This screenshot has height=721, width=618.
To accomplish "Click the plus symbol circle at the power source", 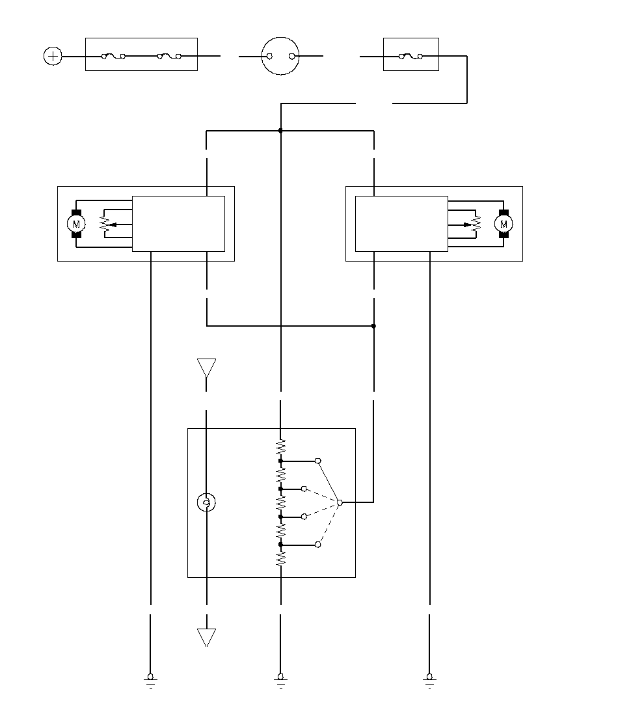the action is [x=53, y=57].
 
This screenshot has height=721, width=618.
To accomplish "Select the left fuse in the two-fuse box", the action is [x=114, y=57].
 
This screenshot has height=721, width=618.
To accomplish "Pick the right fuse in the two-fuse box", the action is [x=170, y=57].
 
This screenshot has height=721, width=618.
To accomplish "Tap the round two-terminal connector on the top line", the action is [x=281, y=57].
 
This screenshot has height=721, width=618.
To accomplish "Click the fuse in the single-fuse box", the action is [x=411, y=57].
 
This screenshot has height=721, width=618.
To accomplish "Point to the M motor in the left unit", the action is [x=76, y=224].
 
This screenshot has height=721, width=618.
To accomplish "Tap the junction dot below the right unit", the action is [x=373, y=325].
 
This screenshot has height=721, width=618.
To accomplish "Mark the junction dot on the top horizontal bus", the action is [x=280, y=131].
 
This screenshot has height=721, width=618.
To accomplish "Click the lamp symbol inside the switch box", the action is [x=206, y=502].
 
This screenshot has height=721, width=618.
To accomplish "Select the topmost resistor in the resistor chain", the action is [x=280, y=447].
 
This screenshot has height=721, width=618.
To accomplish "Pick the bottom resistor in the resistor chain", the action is [x=280, y=558].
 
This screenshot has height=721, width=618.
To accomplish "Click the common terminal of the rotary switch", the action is [x=340, y=502].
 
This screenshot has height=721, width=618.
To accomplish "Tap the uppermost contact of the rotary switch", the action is [x=317, y=461].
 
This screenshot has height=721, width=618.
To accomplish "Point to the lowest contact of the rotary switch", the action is [x=317, y=544].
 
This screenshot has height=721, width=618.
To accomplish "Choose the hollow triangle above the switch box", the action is [x=206, y=368].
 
